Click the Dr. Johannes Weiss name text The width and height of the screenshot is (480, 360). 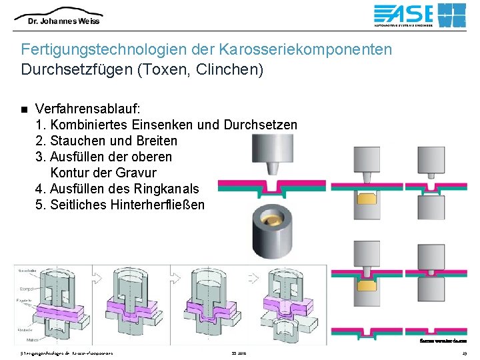[x=63, y=21]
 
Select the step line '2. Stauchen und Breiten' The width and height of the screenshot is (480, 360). [x=106, y=141]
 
